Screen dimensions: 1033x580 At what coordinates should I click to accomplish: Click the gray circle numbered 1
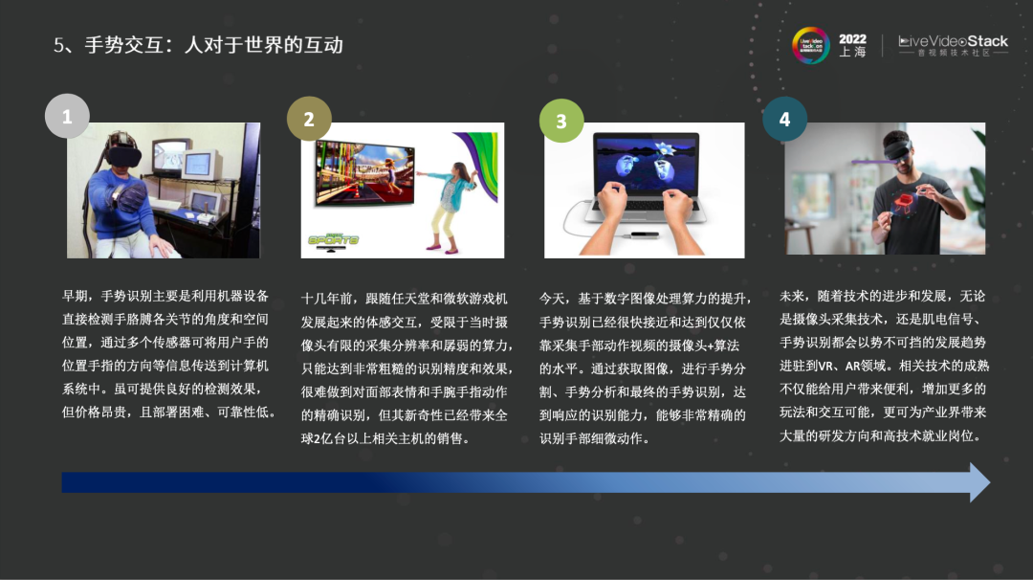pos(67,116)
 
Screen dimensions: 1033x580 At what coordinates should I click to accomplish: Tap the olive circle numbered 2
pos(309,119)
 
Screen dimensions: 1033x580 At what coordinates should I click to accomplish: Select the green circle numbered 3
pos(561,121)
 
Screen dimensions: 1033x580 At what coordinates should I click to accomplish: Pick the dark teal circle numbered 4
pos(784,120)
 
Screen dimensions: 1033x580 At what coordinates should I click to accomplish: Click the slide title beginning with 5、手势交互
pos(198,45)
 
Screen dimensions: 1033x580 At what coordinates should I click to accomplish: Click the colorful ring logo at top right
pos(810,46)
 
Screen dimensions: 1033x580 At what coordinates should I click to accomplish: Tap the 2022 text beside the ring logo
pos(852,39)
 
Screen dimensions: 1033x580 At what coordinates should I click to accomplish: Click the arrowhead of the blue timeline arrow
pos(979,481)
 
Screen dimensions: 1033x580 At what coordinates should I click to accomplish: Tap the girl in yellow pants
pos(450,207)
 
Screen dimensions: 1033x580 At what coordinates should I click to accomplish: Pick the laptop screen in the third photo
pos(645,165)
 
